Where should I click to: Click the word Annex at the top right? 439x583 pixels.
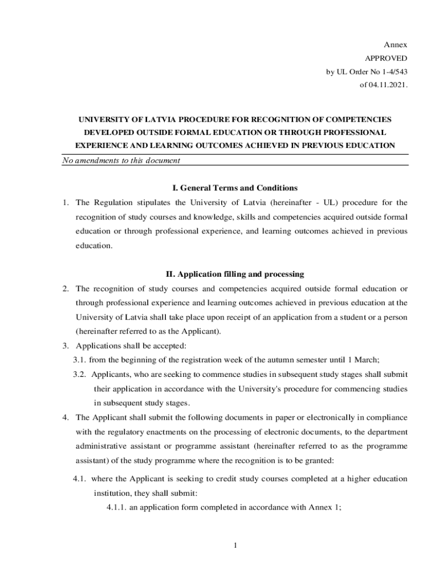point(395,44)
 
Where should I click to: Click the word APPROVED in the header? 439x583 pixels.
point(386,58)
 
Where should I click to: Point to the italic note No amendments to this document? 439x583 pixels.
point(121,161)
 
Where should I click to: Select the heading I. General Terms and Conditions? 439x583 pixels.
point(234,188)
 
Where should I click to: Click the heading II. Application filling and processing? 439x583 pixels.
point(234,274)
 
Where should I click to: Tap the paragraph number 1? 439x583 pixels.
point(66,203)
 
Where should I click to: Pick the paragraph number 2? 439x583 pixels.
point(66,289)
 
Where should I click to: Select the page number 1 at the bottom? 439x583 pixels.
point(234,547)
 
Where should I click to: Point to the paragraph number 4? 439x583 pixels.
point(66,417)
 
